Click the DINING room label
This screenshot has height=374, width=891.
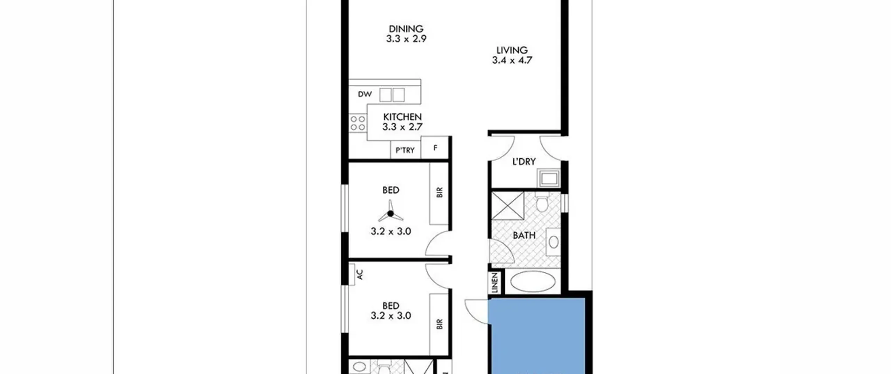[406, 29]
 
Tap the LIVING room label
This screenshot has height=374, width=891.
[512, 50]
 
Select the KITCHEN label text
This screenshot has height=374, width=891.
[402, 117]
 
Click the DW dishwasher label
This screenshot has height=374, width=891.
[365, 94]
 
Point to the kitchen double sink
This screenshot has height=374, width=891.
[392, 95]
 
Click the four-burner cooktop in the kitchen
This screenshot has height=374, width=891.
[358, 123]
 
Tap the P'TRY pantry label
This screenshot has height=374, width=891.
[405, 150]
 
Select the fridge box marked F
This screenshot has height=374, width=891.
[435, 148]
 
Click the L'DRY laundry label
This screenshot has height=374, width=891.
[524, 161]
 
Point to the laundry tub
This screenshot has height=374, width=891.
[549, 178]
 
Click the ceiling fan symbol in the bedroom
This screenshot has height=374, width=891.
[391, 212]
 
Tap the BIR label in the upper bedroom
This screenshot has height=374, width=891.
[439, 192]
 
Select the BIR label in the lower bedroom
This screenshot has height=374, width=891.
[439, 324]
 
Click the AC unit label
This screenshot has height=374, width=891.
[360, 274]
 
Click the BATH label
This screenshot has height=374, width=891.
[524, 236]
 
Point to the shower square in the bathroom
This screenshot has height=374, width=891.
[508, 206]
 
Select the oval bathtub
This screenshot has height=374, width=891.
[533, 282]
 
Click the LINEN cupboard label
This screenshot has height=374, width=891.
[495, 283]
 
